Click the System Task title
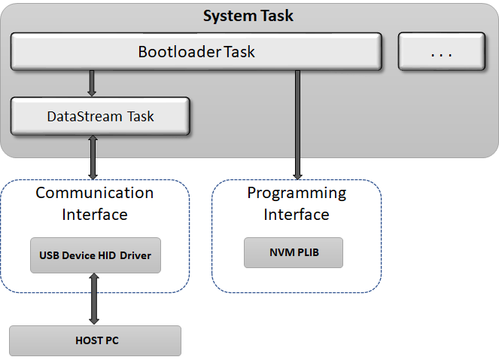click(x=249, y=16)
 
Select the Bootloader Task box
click(x=196, y=52)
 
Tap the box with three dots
click(x=441, y=52)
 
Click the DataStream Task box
click(x=99, y=117)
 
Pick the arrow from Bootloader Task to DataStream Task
click(x=92, y=83)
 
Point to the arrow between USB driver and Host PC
click(x=96, y=297)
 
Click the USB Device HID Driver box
click(x=96, y=255)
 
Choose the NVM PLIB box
click(x=294, y=252)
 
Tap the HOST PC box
click(x=96, y=340)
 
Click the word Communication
click(x=95, y=193)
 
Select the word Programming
click(x=297, y=193)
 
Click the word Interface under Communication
click(x=95, y=215)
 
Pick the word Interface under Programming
click(x=297, y=215)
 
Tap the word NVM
click(x=279, y=252)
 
